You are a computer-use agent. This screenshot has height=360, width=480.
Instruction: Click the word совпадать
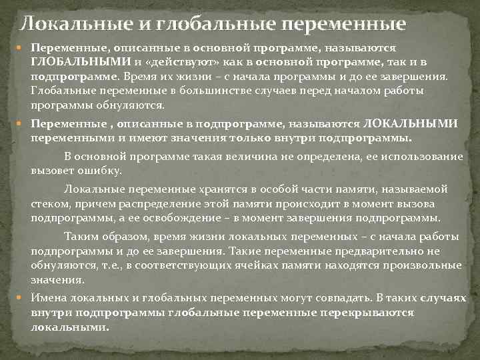[x=335, y=298]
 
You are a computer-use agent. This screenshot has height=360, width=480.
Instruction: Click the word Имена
[x=49, y=298]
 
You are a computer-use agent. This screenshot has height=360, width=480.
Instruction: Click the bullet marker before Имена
[x=22, y=298]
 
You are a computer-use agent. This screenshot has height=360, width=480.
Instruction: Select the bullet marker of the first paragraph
[x=22, y=48]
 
